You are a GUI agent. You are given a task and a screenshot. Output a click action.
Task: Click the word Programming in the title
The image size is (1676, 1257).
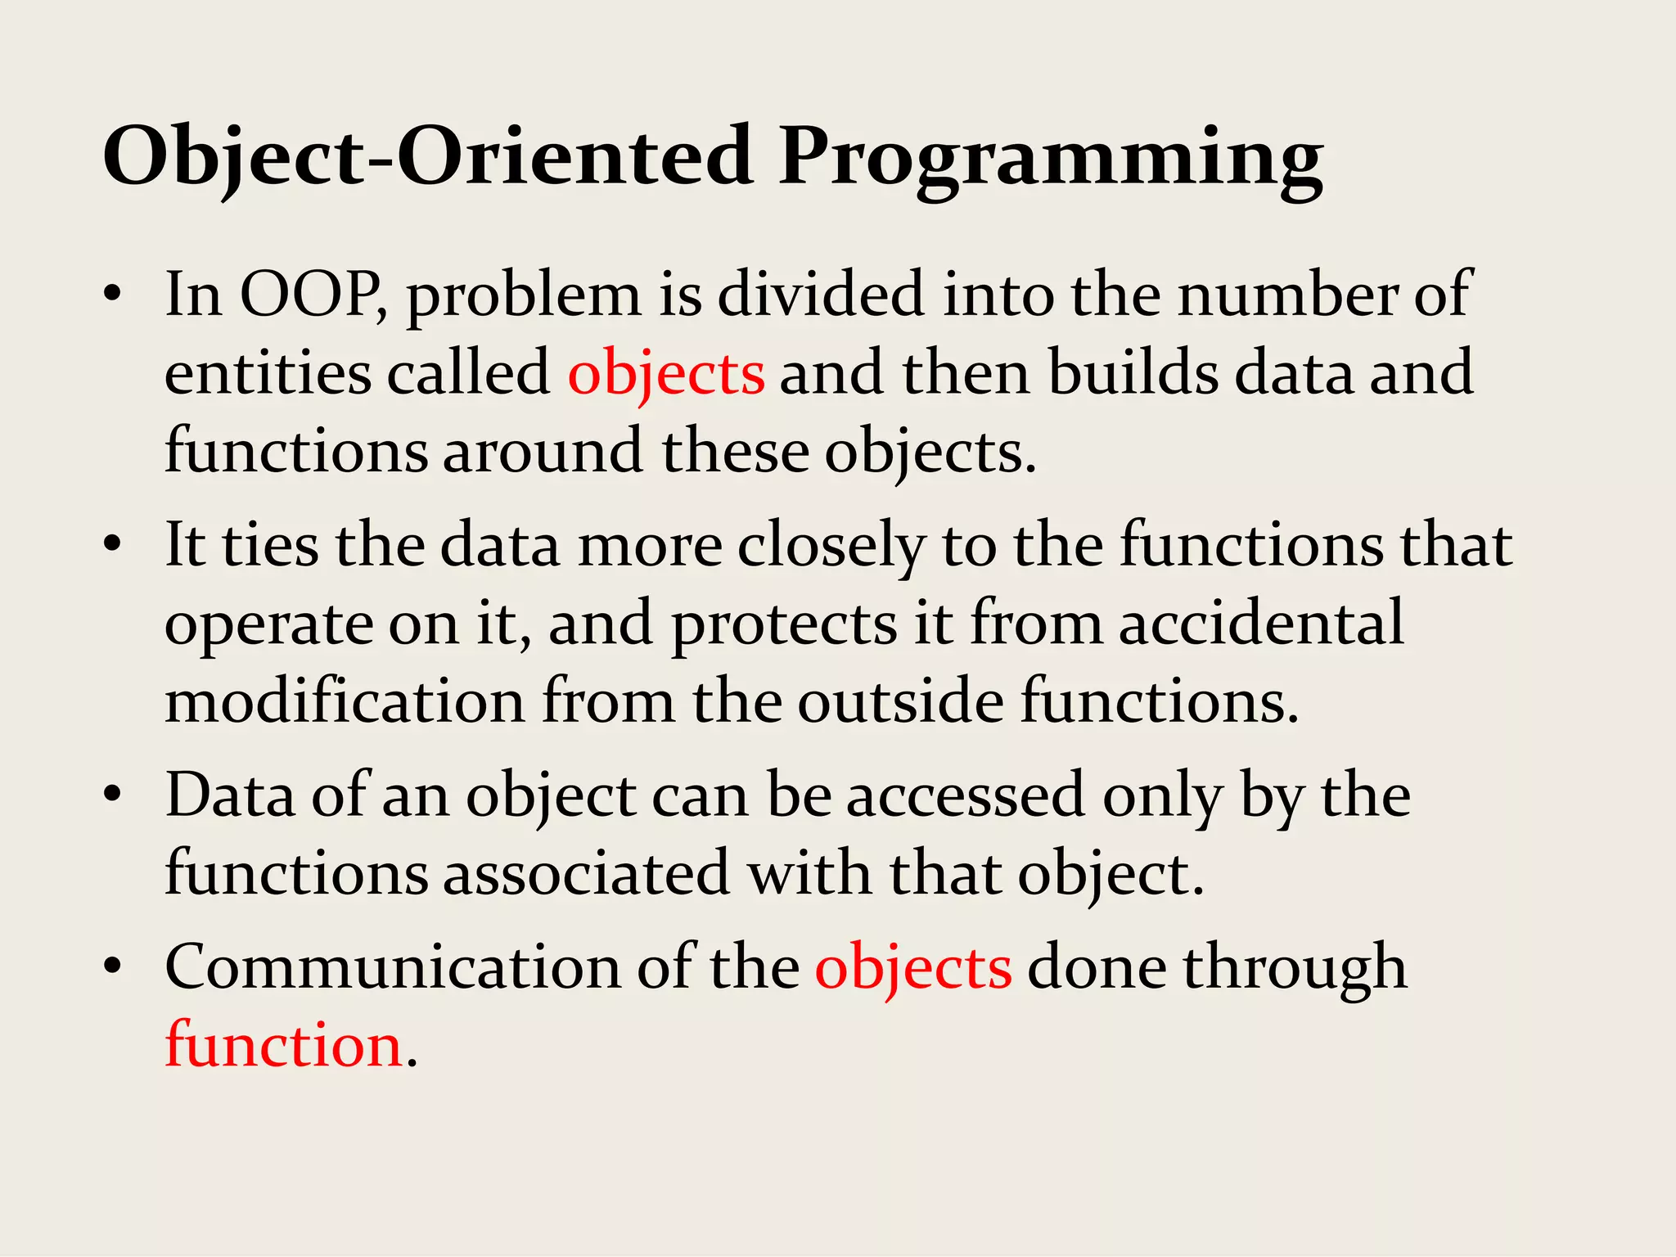pos(1051,157)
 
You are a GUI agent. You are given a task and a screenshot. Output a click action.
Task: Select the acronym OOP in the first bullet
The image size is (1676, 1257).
pos(311,295)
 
